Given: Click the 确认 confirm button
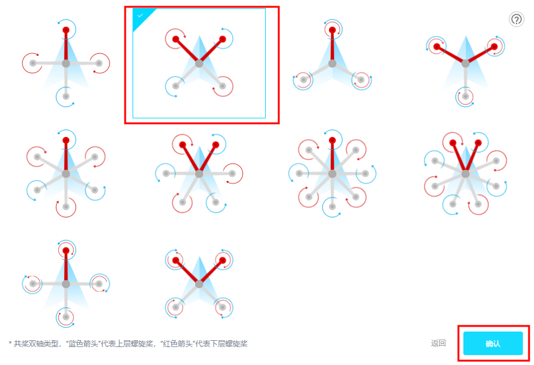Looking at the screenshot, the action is pyautogui.click(x=492, y=343).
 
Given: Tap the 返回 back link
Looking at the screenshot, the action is pyautogui.click(x=439, y=343).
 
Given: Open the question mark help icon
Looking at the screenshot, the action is pyautogui.click(x=516, y=19).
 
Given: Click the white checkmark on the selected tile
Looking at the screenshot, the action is pyautogui.click(x=140, y=15).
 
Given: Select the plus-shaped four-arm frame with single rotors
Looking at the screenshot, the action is pyautogui.click(x=66, y=63).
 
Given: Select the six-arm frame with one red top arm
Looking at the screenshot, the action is pyautogui.click(x=66, y=174).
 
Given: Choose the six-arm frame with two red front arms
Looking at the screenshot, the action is pyautogui.click(x=199, y=174).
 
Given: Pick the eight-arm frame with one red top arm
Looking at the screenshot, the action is pyautogui.click(x=332, y=174).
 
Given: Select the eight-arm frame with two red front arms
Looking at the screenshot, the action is pyautogui.click(x=466, y=174).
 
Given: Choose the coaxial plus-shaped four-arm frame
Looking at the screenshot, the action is pyautogui.click(x=66, y=284).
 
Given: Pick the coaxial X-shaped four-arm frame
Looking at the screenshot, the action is pyautogui.click(x=199, y=284).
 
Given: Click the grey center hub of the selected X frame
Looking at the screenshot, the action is pyautogui.click(x=199, y=63).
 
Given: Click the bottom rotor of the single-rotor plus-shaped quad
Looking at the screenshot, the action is pyautogui.click(x=66, y=97).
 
